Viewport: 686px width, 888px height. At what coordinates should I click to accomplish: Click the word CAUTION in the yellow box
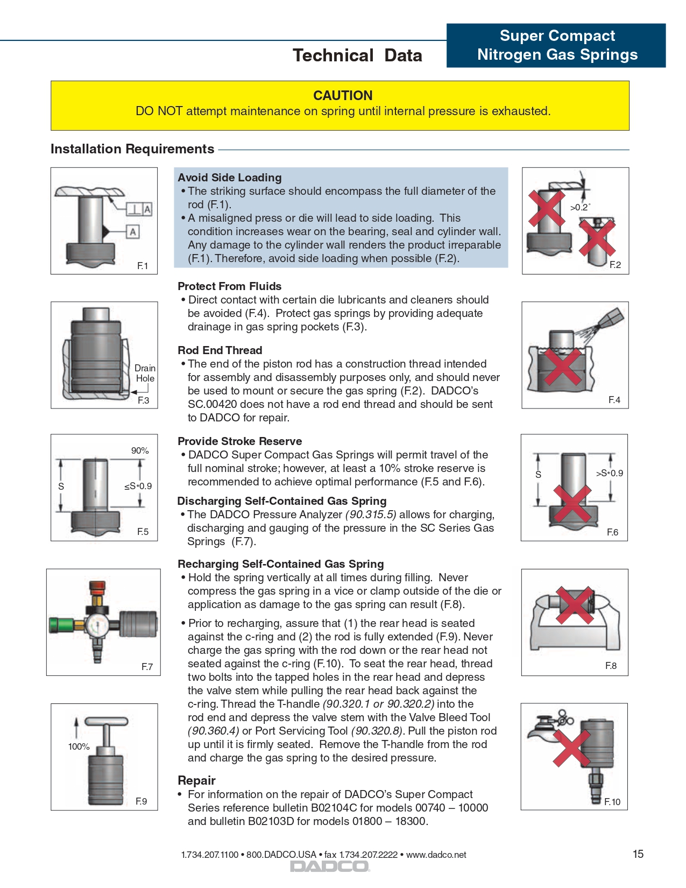343,96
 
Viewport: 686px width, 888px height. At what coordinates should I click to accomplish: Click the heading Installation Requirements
132,149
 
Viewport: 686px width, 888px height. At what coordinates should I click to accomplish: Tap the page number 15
638,854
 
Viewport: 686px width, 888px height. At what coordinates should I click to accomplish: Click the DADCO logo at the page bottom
330,866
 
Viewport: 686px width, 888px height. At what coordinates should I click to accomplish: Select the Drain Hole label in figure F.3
145,373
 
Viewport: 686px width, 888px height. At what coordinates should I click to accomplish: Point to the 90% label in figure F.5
140,450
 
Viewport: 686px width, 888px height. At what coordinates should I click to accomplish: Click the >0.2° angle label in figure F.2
580,207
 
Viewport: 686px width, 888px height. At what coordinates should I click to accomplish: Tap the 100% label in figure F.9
79,746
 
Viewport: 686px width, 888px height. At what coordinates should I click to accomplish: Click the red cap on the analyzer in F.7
97,586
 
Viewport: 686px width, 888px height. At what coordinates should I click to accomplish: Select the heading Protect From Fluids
230,286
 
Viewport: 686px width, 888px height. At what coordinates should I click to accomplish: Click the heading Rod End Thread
220,350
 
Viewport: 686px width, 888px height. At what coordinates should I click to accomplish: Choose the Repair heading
196,780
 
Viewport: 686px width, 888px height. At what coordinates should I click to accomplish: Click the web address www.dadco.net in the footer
436,855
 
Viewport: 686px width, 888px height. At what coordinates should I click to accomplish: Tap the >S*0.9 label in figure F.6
609,473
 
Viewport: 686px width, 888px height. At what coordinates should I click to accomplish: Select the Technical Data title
357,55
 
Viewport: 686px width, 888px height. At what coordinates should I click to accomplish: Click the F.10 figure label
612,802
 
